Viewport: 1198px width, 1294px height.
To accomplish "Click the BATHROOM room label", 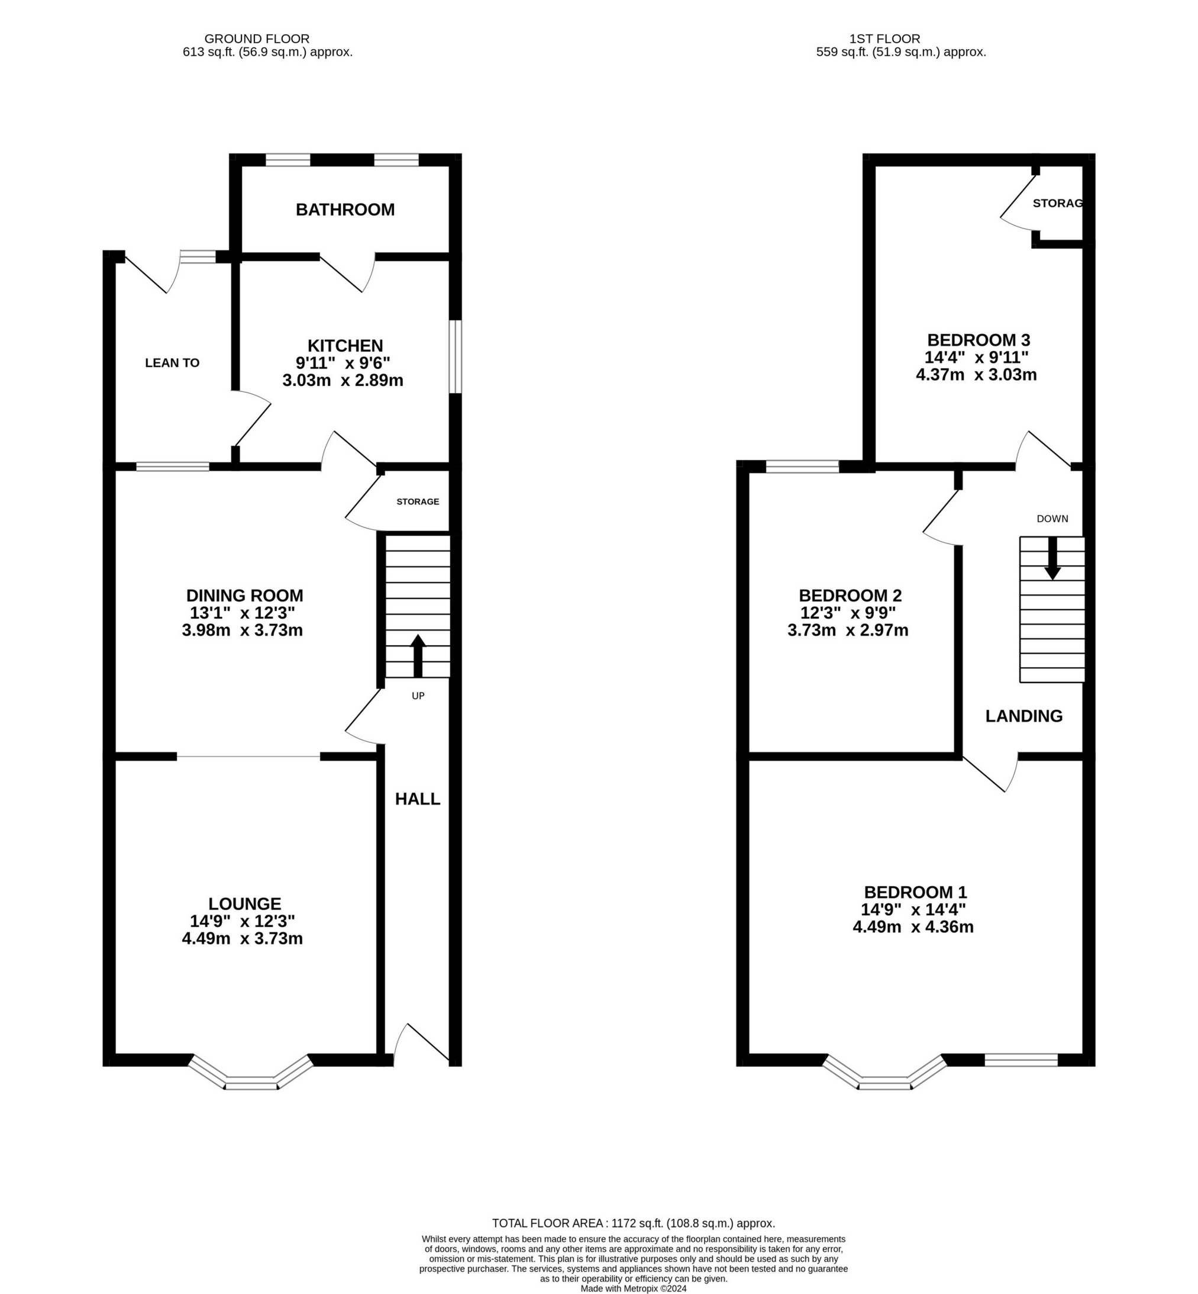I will [x=345, y=210].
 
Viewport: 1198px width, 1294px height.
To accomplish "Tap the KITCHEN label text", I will [x=345, y=346].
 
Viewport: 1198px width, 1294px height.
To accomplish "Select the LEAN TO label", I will [x=172, y=363].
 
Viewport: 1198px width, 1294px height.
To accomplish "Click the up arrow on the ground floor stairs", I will [x=418, y=655].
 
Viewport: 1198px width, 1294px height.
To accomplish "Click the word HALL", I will [x=418, y=799].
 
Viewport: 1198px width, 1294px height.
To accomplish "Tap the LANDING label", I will [x=1023, y=716].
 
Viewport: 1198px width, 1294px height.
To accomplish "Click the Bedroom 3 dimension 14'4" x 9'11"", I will [x=976, y=358].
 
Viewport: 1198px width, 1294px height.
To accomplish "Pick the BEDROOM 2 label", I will [x=850, y=596].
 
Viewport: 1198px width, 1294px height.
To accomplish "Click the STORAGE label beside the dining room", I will [x=418, y=501].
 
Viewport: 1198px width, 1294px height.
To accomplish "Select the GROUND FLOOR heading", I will [x=257, y=39].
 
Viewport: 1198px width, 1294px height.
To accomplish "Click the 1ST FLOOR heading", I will [x=884, y=39].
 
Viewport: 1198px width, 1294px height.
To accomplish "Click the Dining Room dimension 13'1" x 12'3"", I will [x=243, y=613].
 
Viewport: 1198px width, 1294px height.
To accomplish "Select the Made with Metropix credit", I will [x=634, y=1288].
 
